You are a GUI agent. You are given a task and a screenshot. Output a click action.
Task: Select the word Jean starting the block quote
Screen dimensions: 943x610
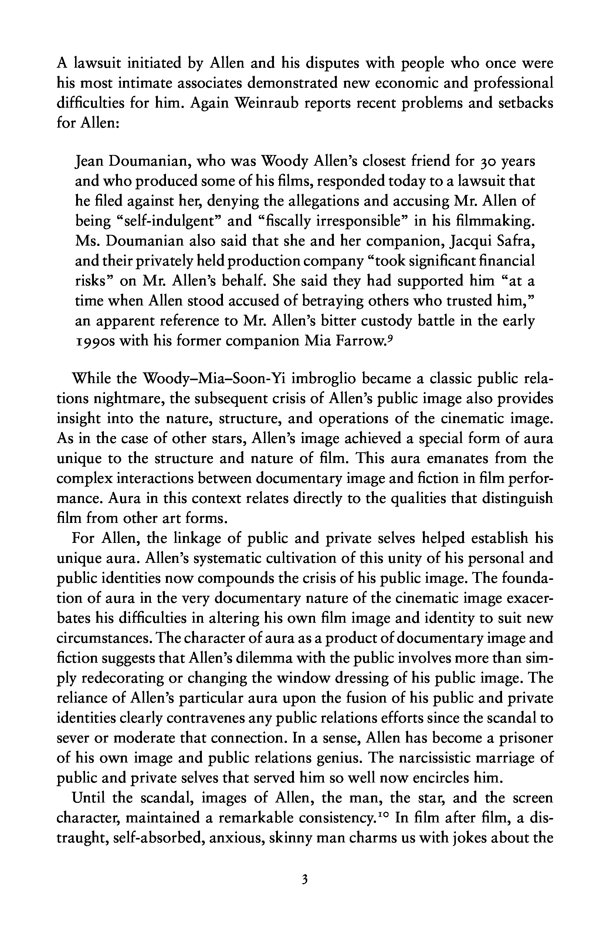[x=89, y=162]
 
